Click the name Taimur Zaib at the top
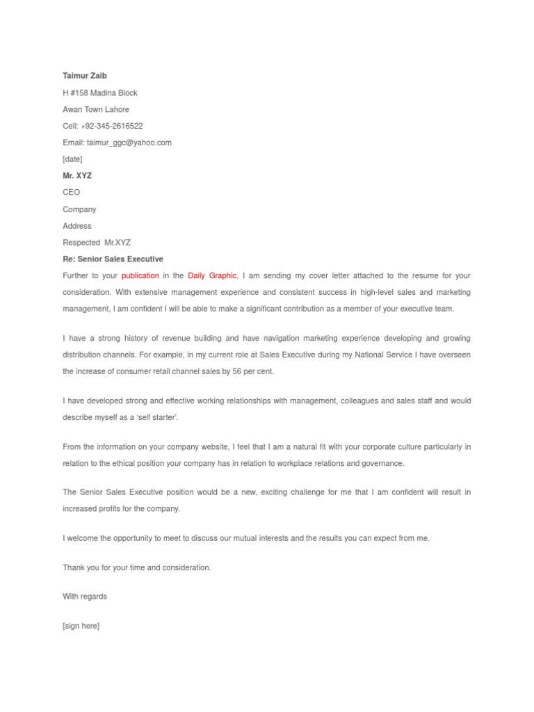[x=85, y=76]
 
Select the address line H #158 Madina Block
[x=100, y=92]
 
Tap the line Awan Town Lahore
[x=96, y=109]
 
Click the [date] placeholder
[x=72, y=159]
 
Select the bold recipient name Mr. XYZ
[x=77, y=176]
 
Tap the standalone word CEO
[x=72, y=193]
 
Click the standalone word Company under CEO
[x=79, y=209]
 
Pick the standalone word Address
[x=77, y=226]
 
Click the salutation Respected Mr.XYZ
[x=97, y=243]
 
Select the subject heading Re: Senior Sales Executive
[x=113, y=259]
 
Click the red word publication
[x=140, y=276]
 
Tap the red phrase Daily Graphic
[x=213, y=276]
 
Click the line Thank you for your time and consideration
[x=137, y=567]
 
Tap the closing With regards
[x=85, y=597]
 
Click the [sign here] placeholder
[x=81, y=626]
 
